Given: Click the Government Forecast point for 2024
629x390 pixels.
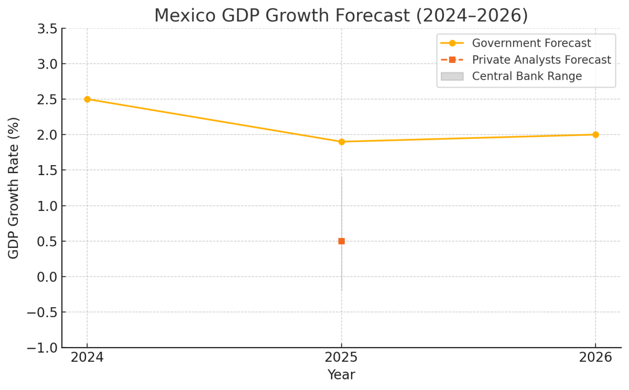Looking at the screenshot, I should (x=87, y=99).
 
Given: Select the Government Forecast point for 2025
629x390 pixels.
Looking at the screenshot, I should (x=342, y=142).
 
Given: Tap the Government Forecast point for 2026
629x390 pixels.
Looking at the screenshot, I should (x=595, y=135).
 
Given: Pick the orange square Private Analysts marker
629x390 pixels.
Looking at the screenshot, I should (x=342, y=241).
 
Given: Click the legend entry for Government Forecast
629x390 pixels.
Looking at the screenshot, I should (x=531, y=43).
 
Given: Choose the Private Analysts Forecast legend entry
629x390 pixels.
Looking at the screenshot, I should (x=541, y=60).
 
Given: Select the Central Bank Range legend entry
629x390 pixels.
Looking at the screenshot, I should (x=526, y=76).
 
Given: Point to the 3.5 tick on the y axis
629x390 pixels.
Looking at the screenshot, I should (x=47, y=29).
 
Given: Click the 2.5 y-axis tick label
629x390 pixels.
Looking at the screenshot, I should (x=47, y=100).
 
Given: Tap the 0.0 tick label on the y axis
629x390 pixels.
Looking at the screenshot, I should (x=47, y=277).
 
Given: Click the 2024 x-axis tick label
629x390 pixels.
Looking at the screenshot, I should (x=87, y=357).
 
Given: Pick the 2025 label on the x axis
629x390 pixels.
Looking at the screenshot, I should (x=342, y=357).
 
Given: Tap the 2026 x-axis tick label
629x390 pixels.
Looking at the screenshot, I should (x=595, y=357).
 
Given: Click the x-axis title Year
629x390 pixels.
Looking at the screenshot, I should (x=341, y=375).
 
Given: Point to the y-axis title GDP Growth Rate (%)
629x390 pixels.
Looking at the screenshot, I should (x=14, y=188).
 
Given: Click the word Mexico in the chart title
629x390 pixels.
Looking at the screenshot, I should (x=185, y=16).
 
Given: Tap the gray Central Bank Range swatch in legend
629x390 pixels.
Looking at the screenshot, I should (x=452, y=76).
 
